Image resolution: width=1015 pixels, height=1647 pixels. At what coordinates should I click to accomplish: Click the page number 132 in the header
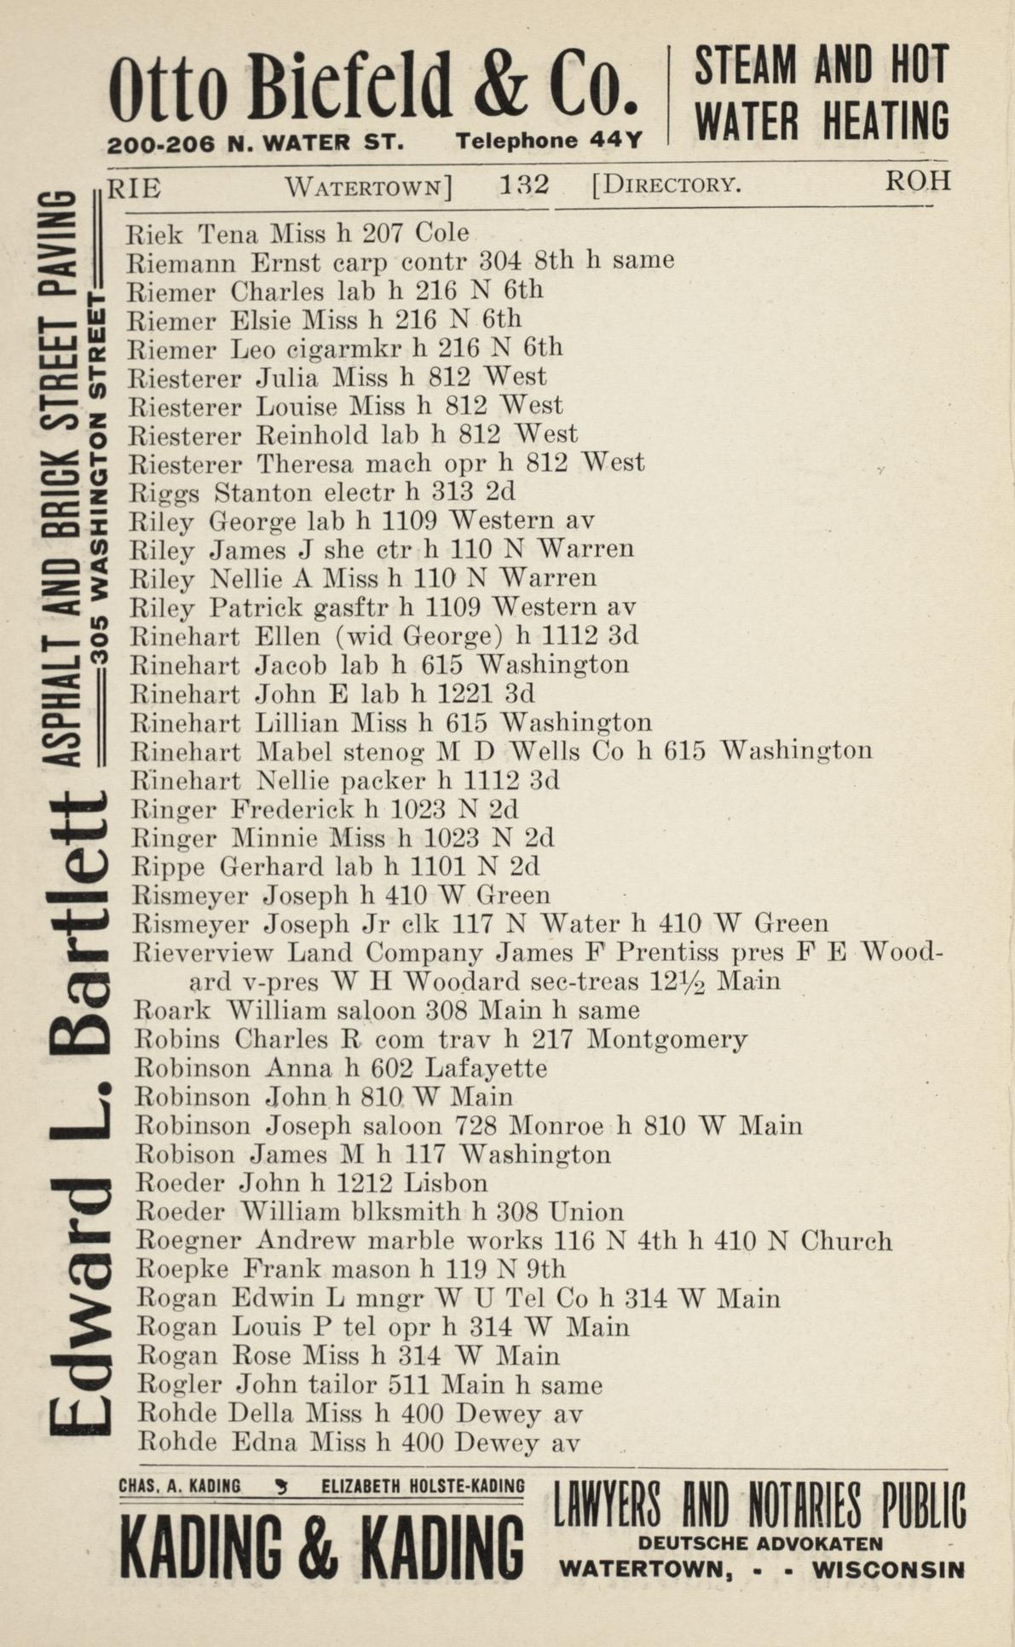[524, 185]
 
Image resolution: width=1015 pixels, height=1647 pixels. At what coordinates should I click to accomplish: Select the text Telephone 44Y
[549, 141]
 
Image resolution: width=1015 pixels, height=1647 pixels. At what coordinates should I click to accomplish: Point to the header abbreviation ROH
[918, 181]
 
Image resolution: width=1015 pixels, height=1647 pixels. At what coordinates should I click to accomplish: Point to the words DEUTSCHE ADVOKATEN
[760, 1543]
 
